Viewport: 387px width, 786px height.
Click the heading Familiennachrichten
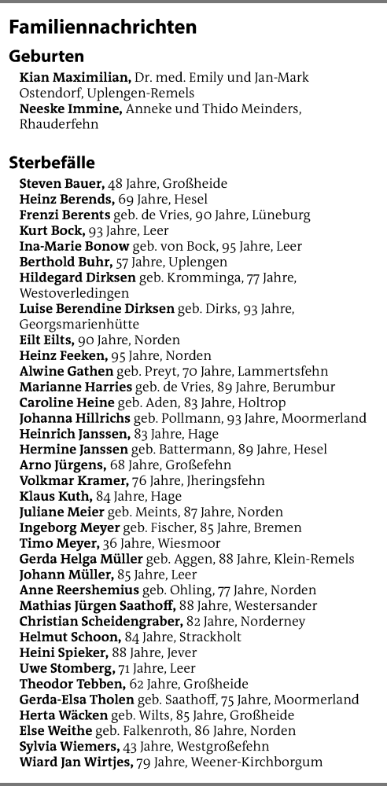(x=102, y=28)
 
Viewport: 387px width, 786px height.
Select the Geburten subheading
(x=46, y=57)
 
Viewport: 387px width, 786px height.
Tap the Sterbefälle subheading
(x=52, y=163)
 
